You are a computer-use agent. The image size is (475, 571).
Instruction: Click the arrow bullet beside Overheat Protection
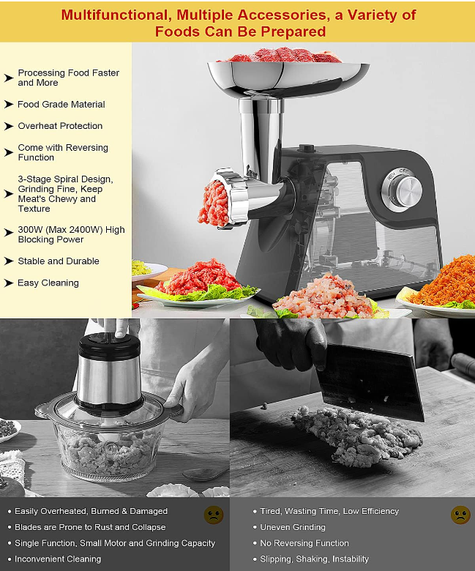pyautogui.click(x=9, y=127)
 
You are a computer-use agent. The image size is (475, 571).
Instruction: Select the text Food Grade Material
pyautogui.click(x=61, y=105)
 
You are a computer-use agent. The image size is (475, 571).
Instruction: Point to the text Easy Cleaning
pyautogui.click(x=48, y=283)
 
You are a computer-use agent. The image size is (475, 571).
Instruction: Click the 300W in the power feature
pyautogui.click(x=30, y=230)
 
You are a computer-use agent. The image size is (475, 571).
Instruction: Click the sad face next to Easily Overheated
pyautogui.click(x=213, y=514)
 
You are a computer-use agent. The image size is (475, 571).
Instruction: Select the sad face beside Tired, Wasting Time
pyautogui.click(x=460, y=514)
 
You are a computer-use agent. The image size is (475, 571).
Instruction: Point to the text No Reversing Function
pyautogui.click(x=304, y=543)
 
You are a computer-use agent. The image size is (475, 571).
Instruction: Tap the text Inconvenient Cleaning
pyautogui.click(x=58, y=559)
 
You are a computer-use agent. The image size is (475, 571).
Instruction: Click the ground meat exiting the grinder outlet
pyautogui.click(x=212, y=204)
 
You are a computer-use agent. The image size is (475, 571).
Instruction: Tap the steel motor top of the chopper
pyautogui.click(x=109, y=370)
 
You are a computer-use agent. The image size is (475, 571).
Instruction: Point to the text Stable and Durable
pyautogui.click(x=59, y=261)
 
